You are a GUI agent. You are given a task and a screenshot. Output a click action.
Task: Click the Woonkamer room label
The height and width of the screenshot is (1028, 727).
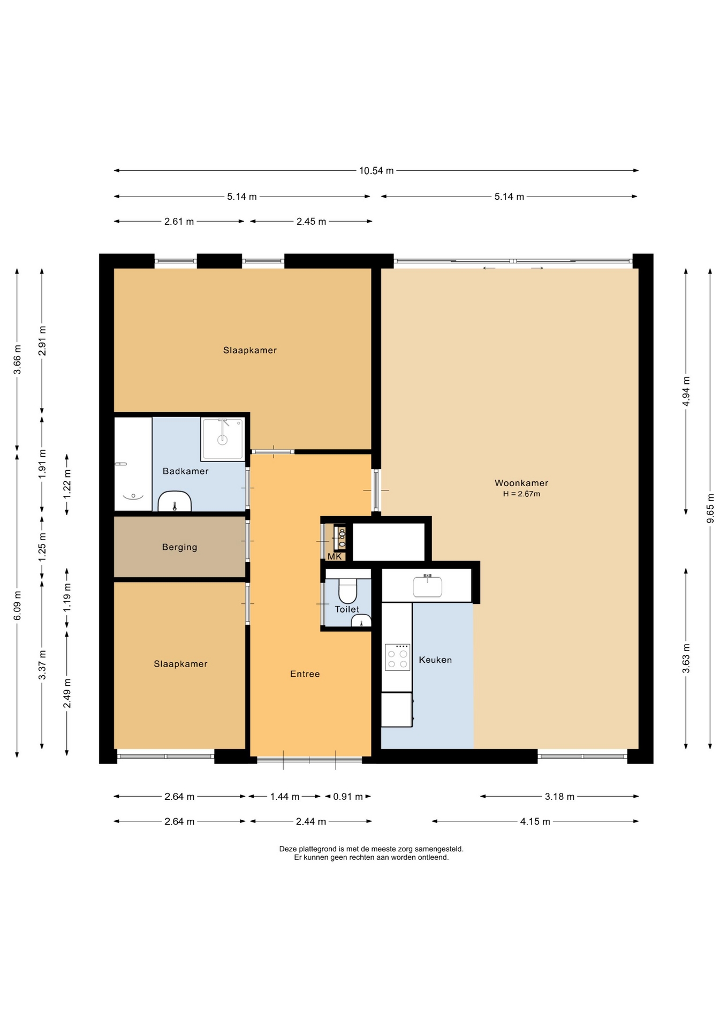521,483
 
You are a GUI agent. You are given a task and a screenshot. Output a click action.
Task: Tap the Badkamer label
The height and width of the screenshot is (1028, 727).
185,471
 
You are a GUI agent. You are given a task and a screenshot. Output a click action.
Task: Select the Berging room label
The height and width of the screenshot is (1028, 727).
179,547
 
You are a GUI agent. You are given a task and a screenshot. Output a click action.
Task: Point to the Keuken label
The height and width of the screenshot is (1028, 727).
435,660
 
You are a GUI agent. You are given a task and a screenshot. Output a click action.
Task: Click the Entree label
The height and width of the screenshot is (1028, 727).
305,674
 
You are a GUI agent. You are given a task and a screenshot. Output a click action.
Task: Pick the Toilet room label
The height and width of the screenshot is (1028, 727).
347,609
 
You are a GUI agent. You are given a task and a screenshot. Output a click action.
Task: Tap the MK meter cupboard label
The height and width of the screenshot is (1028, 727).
335,557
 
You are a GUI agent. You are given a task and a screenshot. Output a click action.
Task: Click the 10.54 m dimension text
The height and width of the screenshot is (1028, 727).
376,171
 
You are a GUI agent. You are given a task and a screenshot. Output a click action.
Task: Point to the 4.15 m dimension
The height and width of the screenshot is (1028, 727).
535,821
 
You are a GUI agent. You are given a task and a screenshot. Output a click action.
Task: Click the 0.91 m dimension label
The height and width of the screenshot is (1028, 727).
348,797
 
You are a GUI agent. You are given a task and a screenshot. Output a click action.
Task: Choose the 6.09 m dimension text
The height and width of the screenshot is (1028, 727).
18,606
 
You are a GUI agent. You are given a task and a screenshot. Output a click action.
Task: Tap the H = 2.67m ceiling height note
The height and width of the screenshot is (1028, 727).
521,494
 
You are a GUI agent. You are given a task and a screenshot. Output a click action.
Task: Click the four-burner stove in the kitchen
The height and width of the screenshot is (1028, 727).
397,657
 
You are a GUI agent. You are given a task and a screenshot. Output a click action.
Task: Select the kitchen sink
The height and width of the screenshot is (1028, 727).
427,586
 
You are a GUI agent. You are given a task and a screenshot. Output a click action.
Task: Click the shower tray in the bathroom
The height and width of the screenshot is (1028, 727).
223,439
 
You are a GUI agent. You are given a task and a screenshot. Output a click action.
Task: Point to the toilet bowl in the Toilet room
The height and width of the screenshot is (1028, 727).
348,591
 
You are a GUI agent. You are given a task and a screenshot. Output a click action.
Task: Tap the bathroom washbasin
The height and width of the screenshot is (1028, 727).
175,502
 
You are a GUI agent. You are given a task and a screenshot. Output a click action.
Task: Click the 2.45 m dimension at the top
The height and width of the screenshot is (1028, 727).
311,222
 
